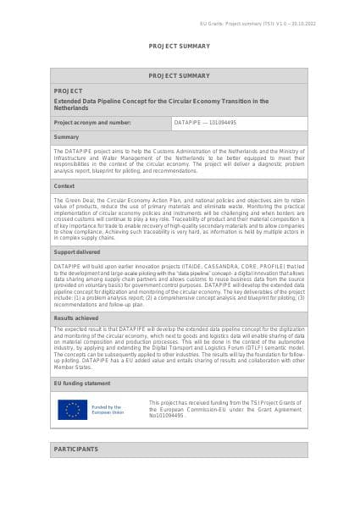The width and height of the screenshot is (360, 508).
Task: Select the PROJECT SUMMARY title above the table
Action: [x=180, y=46]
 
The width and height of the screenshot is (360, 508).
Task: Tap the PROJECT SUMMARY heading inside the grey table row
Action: [x=180, y=75]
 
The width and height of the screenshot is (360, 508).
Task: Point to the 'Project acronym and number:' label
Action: [x=92, y=122]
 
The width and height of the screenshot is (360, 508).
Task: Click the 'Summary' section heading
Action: [x=66, y=136]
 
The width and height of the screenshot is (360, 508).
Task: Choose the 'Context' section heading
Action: [x=64, y=185]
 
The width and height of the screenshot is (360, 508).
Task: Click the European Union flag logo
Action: [x=73, y=410]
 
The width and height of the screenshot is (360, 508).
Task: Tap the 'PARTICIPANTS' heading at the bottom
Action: [x=75, y=449]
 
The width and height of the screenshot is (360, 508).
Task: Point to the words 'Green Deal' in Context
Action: [x=77, y=197]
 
